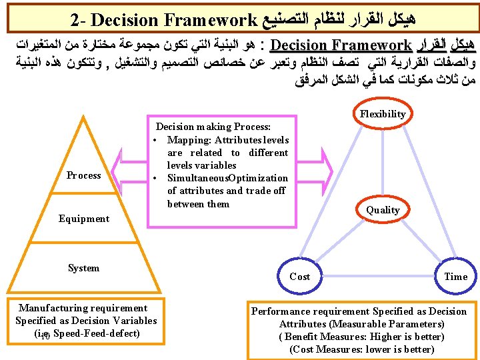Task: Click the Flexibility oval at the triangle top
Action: coord(383,114)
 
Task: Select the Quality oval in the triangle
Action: coord(383,209)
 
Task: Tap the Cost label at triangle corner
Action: coord(300,276)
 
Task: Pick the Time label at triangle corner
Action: coord(456,276)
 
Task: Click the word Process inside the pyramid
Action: coord(84,175)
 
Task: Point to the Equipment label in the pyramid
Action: coord(84,219)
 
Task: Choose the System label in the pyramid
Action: coord(84,268)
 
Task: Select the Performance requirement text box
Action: coord(359,330)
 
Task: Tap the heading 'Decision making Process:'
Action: coord(213,127)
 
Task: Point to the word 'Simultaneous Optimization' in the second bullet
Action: coord(227,178)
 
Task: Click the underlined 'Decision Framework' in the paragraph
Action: coord(342,46)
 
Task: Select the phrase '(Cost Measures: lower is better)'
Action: coord(361,349)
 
